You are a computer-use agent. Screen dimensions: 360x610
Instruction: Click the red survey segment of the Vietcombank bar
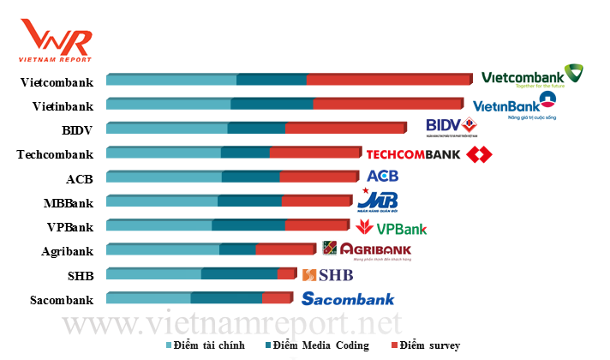point(388,80)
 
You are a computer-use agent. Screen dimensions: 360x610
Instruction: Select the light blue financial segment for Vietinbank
point(169,104)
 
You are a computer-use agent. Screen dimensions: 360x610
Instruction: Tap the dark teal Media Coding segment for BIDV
point(257,128)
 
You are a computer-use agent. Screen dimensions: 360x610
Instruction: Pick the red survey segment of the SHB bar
point(286,273)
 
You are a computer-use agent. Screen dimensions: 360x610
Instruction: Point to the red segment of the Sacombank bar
point(277,297)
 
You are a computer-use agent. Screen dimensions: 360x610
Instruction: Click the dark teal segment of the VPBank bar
point(248,225)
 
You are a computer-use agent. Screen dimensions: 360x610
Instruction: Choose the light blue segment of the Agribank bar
point(163,249)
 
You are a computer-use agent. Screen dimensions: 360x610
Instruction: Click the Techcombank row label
point(55,155)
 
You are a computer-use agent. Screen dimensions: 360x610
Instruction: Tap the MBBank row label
point(69,203)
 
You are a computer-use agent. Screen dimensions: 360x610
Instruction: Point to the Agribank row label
point(67,251)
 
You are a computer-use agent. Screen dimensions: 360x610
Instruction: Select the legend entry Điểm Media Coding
point(317,345)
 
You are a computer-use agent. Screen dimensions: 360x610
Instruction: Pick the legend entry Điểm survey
point(425,345)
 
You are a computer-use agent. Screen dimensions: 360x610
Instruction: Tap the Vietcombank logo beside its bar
point(532,77)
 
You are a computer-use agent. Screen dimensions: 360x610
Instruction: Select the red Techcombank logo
point(428,155)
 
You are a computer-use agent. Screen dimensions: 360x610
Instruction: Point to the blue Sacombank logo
point(348,299)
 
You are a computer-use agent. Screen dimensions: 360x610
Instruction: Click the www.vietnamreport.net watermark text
point(231,324)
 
